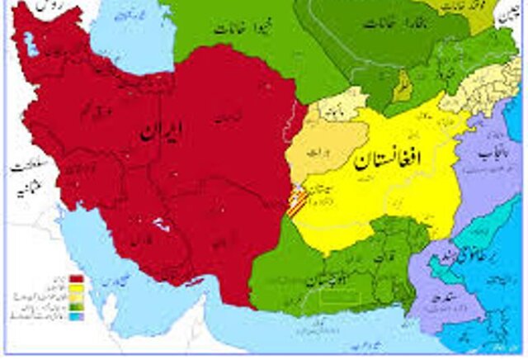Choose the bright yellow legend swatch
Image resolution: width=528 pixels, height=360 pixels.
pos(75,287)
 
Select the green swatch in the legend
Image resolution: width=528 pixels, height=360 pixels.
pos(75,306)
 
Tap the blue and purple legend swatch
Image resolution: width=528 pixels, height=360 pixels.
pos(75,315)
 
